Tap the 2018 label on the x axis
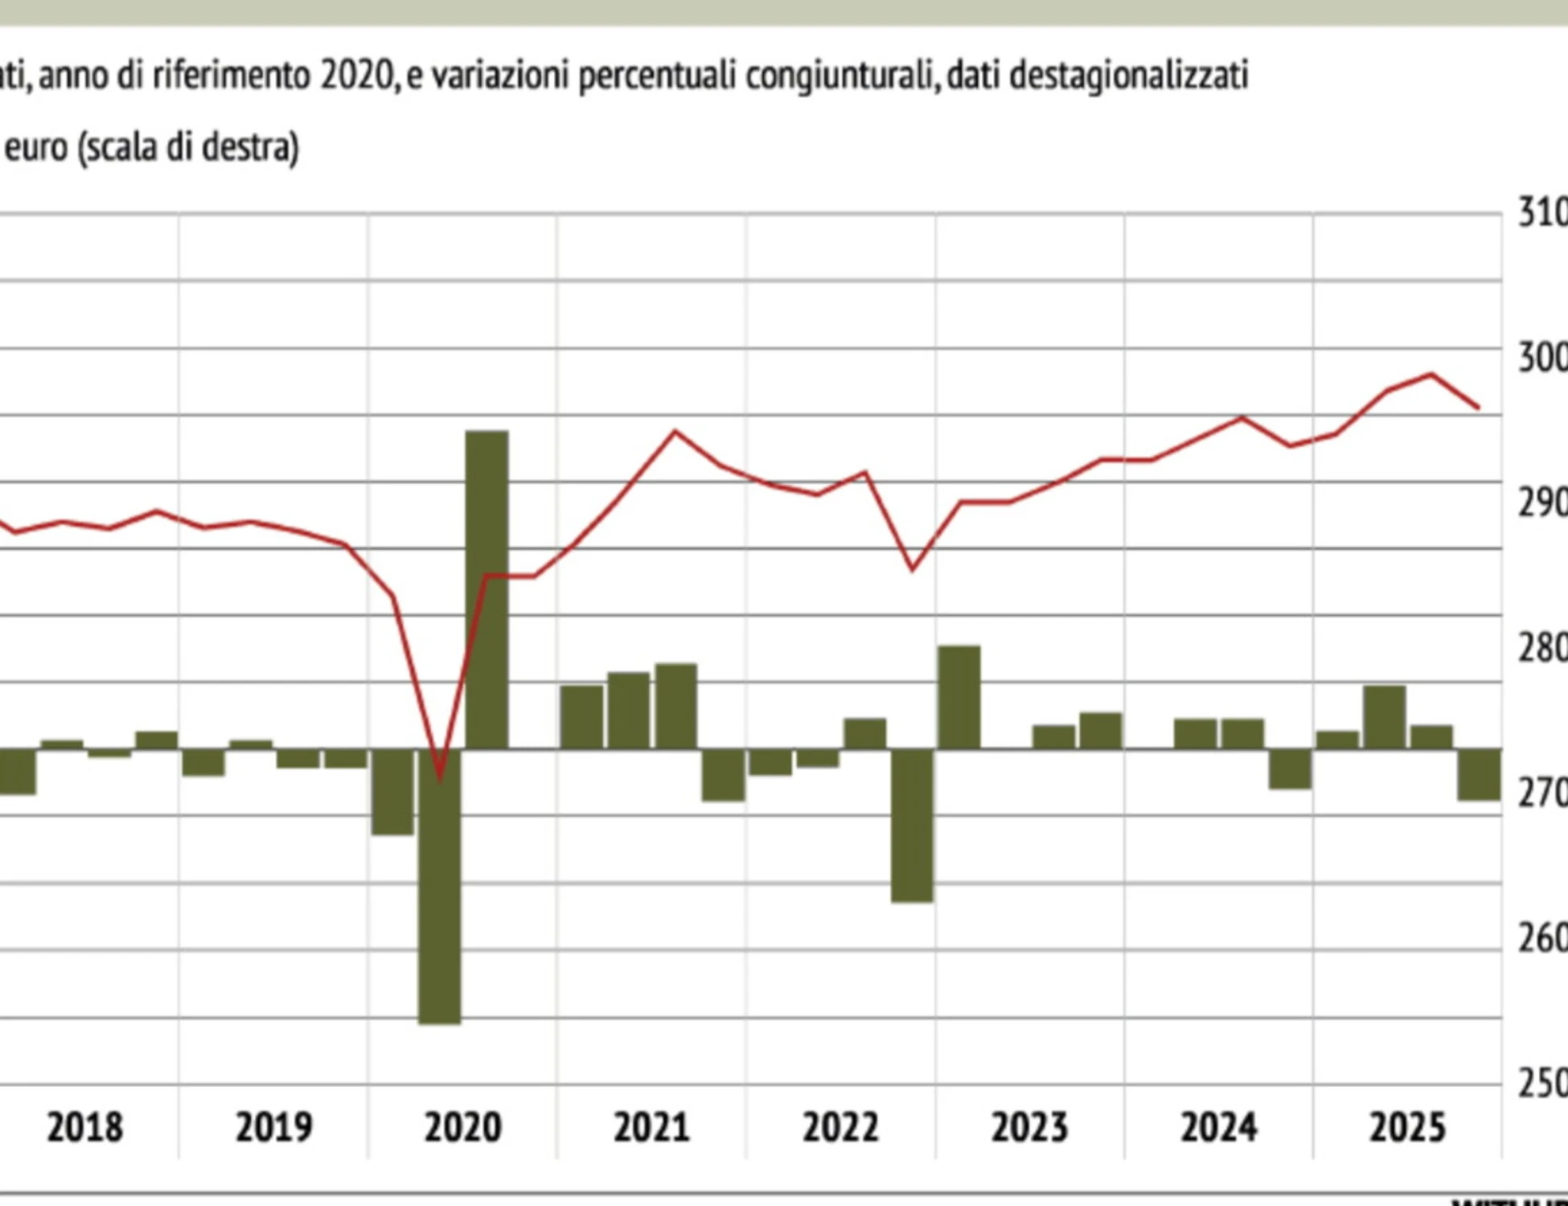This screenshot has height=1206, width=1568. pos(85,1127)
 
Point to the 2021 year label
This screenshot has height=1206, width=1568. pos(651,1127)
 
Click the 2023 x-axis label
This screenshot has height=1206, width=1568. pos(1029,1127)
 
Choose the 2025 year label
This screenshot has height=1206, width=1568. pos(1407,1127)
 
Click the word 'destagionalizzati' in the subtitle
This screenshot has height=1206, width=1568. pos(1128,76)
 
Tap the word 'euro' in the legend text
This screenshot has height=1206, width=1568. pos(36,148)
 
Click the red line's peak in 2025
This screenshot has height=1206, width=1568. pos(1431,375)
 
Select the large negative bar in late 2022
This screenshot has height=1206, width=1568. pos(913,825)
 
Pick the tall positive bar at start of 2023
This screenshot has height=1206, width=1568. pos(959,697)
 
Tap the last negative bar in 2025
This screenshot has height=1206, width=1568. pos(1480,773)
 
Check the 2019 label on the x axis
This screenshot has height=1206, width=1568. pos(273,1127)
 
